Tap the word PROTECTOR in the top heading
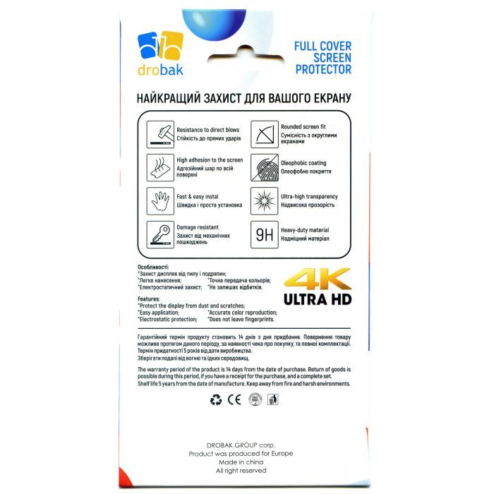(323, 70)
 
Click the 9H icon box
(264, 234)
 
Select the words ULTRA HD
(318, 299)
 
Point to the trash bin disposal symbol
(275, 400)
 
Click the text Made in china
(240, 462)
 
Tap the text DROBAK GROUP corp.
(240, 445)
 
